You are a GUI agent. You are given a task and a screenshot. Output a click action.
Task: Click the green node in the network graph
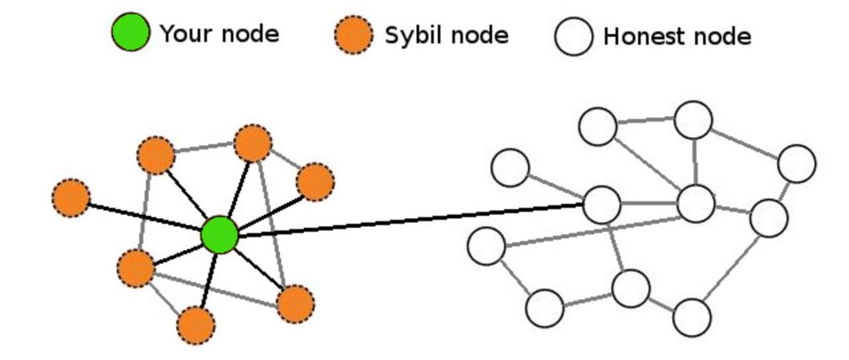pos(220,235)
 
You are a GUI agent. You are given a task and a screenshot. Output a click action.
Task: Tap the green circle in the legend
pos(131,32)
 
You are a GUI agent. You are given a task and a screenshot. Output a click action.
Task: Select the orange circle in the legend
pos(354,34)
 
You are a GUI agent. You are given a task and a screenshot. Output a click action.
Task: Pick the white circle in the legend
pos(574,36)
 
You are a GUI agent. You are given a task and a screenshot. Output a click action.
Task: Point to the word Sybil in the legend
pos(411,35)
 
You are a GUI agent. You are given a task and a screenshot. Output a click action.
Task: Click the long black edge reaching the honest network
pos(411,220)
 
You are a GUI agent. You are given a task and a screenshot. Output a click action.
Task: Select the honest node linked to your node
pos(602,204)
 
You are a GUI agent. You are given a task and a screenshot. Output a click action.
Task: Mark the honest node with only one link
pos(510,167)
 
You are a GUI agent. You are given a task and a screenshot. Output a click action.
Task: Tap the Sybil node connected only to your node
pos(72,198)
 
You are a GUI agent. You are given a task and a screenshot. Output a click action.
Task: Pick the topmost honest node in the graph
pos(693,120)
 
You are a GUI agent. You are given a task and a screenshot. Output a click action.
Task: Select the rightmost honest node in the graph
pos(796,163)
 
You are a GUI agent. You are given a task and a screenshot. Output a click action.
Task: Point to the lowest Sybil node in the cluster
pos(196,325)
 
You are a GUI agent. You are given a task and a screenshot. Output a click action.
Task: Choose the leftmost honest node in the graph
pos(487,245)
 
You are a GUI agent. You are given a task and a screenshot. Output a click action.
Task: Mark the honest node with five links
pos(696,204)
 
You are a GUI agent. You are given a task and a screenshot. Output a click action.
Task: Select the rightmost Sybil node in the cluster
pos(314,182)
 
